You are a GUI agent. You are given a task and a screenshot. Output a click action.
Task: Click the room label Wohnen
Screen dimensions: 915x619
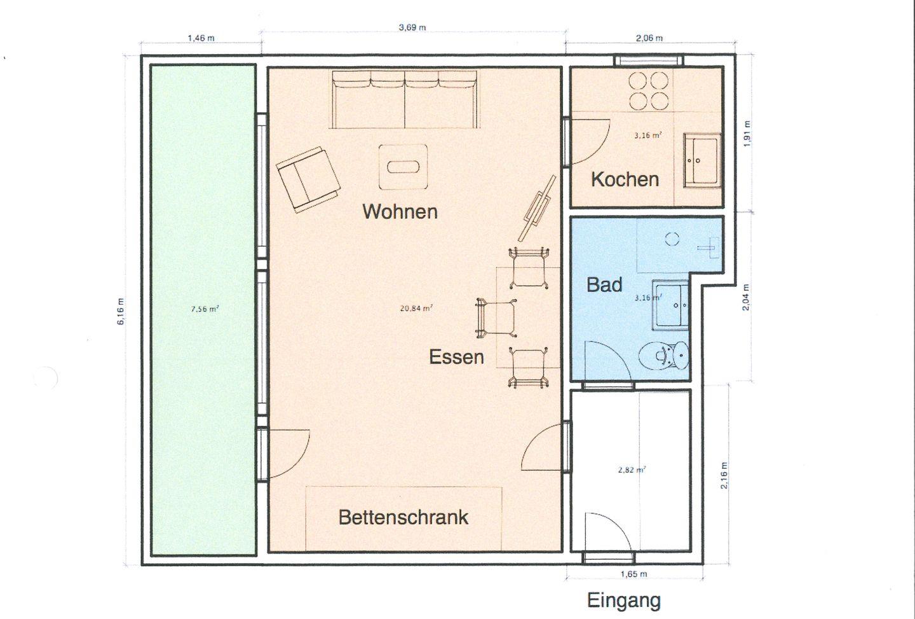[x=400, y=212]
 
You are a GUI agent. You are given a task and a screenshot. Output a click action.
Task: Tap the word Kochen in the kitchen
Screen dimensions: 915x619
[x=625, y=179]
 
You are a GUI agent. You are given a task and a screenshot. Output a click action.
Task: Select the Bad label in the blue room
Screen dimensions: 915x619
[x=604, y=284]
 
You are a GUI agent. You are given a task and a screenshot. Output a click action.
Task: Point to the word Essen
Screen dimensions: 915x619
[x=456, y=358]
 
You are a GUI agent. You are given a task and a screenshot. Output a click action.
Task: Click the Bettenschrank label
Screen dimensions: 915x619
[x=403, y=517]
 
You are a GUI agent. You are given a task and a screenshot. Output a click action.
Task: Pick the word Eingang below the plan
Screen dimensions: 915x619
[x=624, y=601]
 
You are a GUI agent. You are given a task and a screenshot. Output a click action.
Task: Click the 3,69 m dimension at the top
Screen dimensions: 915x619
[x=412, y=27]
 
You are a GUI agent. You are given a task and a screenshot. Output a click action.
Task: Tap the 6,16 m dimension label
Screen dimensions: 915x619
[x=121, y=312]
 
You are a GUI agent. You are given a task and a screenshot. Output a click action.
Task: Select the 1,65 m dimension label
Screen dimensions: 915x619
[x=634, y=574]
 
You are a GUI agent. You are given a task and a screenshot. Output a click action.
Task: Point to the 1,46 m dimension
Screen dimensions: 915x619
[x=201, y=38]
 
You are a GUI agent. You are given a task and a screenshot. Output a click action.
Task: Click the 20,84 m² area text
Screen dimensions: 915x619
[x=416, y=309]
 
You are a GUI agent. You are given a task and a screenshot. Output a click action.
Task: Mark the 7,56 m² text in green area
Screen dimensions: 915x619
[x=205, y=309]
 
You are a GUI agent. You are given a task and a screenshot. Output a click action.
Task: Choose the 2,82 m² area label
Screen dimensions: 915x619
[x=632, y=469]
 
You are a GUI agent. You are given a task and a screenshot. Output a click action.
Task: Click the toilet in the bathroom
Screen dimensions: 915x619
[x=663, y=356]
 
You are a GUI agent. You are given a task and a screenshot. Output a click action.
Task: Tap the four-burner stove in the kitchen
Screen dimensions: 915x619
[x=648, y=91]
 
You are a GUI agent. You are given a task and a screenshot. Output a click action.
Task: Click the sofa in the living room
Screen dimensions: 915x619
[x=404, y=99]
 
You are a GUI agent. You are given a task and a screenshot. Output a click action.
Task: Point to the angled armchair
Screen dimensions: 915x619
[x=308, y=180]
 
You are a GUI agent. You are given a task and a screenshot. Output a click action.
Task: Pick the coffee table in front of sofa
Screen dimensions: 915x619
[x=403, y=167]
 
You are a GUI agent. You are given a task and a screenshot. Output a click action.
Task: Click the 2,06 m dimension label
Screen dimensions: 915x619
[x=649, y=38]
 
